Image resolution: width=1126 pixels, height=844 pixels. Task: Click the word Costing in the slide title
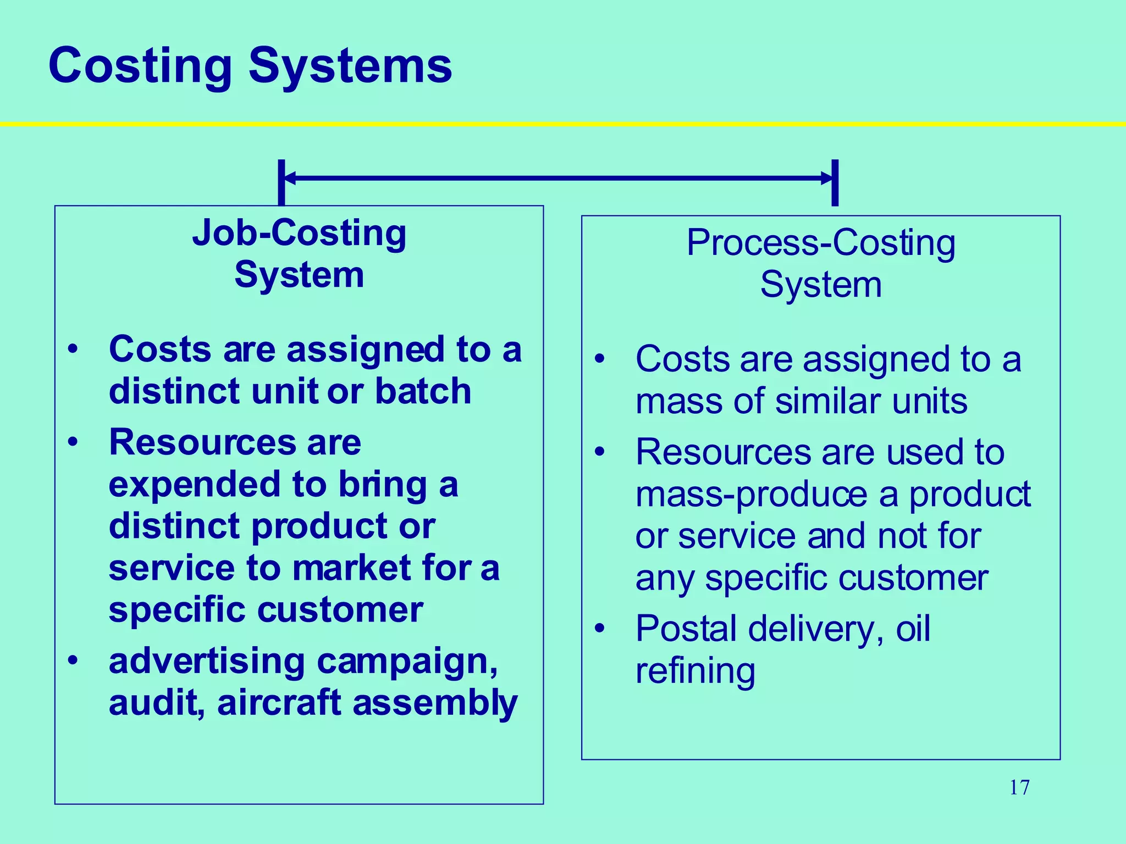pos(140,66)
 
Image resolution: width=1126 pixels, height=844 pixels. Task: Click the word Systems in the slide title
pos(350,66)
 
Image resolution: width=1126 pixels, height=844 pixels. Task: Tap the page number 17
pos(1019,787)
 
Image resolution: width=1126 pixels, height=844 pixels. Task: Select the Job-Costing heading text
pos(299,234)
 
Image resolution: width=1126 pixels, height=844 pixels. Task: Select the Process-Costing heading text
pos(821,243)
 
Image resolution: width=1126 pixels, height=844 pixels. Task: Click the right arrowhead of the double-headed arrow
pos(826,178)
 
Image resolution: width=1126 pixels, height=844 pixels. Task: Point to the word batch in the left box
pos(423,391)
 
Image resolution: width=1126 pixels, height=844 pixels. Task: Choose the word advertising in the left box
pos(207,662)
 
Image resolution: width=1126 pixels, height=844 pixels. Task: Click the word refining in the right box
pos(695,671)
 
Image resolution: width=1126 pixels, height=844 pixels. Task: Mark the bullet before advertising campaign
pos(73,660)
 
